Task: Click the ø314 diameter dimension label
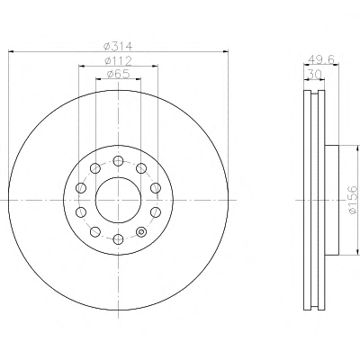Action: coord(118,47)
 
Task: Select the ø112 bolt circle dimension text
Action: coord(118,61)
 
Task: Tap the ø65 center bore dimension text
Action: coord(118,74)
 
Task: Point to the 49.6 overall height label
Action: coord(321,59)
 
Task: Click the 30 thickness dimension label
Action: coord(315,74)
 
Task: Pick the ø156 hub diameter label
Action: coord(354,199)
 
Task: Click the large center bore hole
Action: coord(118,200)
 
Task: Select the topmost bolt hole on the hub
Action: coord(118,161)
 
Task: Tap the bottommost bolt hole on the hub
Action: coord(118,239)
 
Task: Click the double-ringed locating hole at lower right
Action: coord(141,231)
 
